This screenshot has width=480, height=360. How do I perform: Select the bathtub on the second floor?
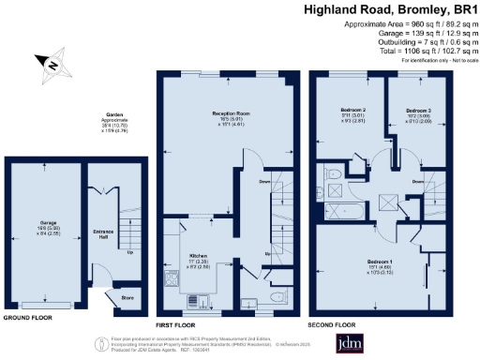(334, 198)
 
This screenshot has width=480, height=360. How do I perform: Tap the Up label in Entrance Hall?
(128, 251)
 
